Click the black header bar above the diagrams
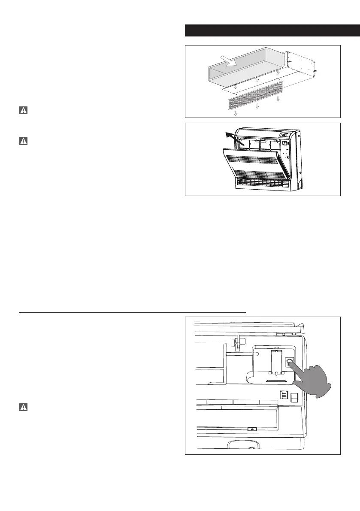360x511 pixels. click(262, 31)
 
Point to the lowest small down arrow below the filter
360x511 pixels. click(236, 114)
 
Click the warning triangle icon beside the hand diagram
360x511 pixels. click(23, 407)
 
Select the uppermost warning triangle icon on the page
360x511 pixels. click(23, 110)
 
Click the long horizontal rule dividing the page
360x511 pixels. click(132, 312)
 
